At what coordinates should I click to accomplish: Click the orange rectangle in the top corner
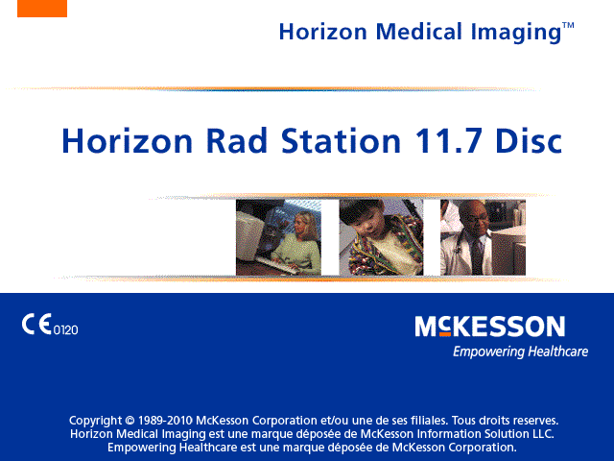pyautogui.click(x=42, y=9)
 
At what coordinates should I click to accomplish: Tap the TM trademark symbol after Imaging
pyautogui.click(x=568, y=26)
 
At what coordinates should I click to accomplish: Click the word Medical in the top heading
pyautogui.click(x=419, y=32)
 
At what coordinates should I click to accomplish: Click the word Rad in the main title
pyautogui.click(x=237, y=140)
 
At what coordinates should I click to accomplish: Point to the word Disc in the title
pyautogui.click(x=529, y=140)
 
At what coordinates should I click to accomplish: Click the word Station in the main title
pyautogui.click(x=342, y=140)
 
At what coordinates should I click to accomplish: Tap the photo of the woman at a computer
pyautogui.click(x=278, y=237)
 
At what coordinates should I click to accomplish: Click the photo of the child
pyautogui.click(x=381, y=237)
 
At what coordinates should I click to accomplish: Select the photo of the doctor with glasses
pyautogui.click(x=483, y=237)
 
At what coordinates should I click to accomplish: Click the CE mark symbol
pyautogui.click(x=36, y=325)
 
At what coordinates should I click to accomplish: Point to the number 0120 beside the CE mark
pyautogui.click(x=66, y=330)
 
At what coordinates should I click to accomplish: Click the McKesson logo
pyautogui.click(x=490, y=327)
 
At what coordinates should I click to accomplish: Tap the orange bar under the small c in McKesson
pyautogui.click(x=445, y=334)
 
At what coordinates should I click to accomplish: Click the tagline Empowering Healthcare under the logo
pyautogui.click(x=520, y=352)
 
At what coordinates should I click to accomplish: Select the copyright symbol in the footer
pyautogui.click(x=130, y=421)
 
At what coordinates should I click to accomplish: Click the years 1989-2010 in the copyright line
pyautogui.click(x=165, y=421)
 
